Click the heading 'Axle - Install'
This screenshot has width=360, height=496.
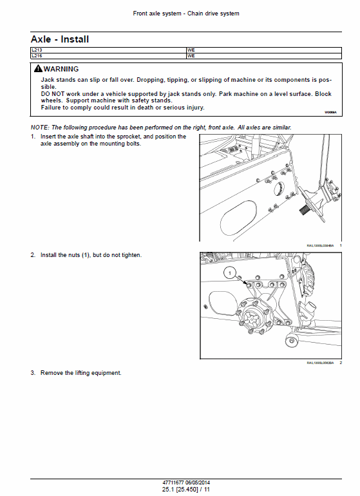coord(60,40)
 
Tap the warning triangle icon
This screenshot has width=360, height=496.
coord(38,69)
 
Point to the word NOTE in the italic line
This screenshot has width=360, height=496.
coord(40,128)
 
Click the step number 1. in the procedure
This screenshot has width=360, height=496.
coord(33,137)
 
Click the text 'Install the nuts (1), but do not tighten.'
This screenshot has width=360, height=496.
coord(91,255)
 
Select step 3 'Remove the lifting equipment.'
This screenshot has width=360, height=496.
coord(81,373)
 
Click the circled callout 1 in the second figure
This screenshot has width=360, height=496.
coord(227,274)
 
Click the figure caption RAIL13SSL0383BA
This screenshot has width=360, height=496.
coord(319,364)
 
